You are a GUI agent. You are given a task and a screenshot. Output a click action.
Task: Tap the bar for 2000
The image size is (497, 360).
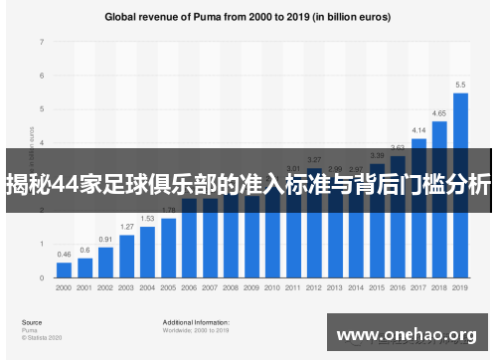(64, 270)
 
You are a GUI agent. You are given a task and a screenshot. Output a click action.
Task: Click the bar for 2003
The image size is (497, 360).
(127, 256)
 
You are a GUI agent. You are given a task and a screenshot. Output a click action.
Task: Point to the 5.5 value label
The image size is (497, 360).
(460, 86)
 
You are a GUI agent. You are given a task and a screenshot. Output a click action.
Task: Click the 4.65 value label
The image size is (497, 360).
(438, 114)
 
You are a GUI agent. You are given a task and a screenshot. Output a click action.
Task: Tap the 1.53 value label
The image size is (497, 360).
(147, 219)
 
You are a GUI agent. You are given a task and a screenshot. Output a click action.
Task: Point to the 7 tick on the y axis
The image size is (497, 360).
(42, 43)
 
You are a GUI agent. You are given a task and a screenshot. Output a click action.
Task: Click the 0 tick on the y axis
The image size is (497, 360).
(42, 277)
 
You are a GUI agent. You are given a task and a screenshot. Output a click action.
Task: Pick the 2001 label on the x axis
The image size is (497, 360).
(84, 287)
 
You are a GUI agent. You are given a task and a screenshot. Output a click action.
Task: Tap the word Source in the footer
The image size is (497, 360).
(31, 321)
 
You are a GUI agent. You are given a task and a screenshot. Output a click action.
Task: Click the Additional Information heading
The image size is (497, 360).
(196, 321)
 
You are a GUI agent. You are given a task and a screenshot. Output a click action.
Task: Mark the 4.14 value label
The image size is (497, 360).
(418, 130)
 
